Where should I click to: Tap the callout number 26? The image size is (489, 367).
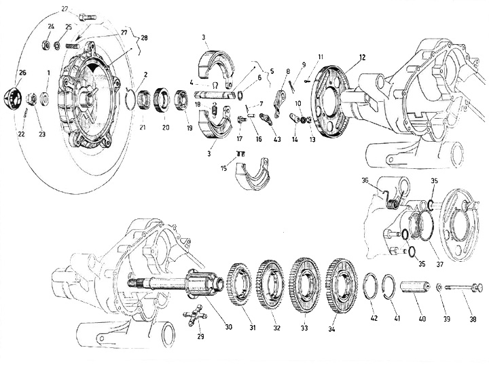pyautogui.click(x=23, y=73)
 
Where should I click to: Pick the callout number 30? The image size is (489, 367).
pyautogui.click(x=228, y=327)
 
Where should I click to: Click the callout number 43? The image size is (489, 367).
pyautogui.click(x=276, y=140)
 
